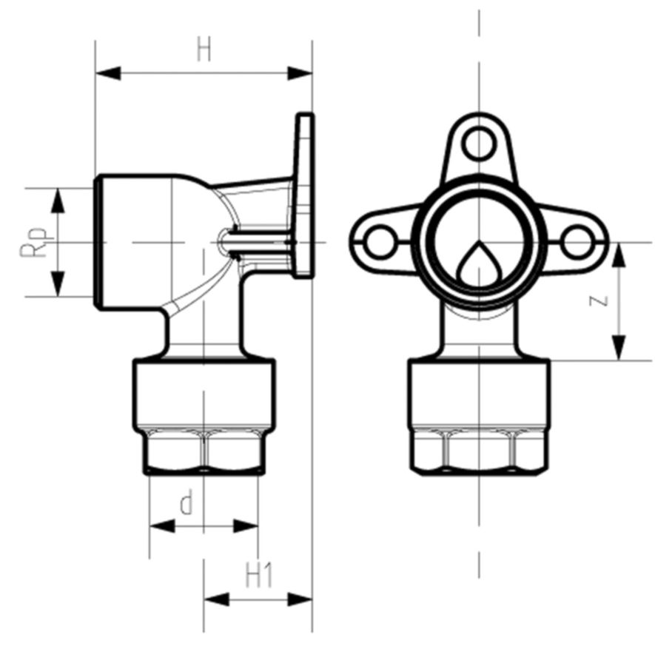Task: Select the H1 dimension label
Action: click(259, 576)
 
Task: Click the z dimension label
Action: click(599, 300)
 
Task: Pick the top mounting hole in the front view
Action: click(480, 144)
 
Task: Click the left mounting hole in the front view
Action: click(380, 243)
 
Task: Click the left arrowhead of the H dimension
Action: click(108, 73)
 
